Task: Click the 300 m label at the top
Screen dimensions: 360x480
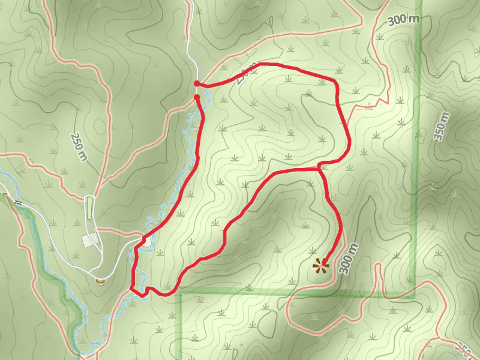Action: point(403,19)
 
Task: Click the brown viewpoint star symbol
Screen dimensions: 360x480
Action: point(321,265)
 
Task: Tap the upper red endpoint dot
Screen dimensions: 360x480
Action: point(197,83)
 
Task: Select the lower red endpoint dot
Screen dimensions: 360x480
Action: point(197,97)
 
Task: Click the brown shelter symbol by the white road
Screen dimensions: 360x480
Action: point(100,280)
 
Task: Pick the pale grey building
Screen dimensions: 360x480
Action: point(90,239)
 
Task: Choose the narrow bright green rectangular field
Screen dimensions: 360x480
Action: point(90,207)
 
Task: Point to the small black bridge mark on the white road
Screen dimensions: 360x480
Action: point(18,203)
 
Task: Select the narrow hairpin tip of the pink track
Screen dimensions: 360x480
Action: point(379,266)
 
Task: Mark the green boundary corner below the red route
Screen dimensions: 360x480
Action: point(181,293)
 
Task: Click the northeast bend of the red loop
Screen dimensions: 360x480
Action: point(335,82)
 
